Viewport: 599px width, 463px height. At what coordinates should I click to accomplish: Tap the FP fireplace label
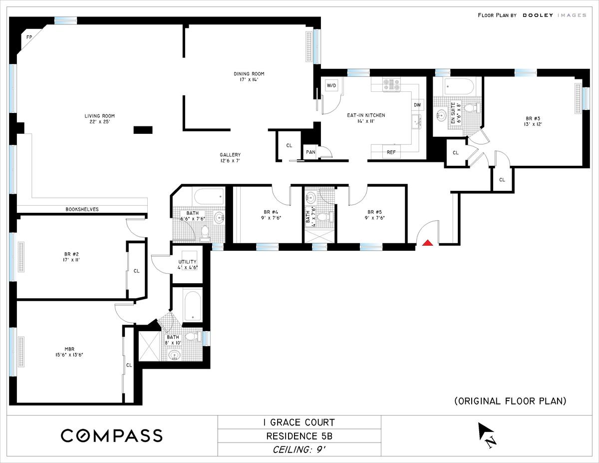[29, 37]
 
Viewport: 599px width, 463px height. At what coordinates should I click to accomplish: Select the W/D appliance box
[331, 86]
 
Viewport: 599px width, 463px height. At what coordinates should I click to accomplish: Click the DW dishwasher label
[417, 105]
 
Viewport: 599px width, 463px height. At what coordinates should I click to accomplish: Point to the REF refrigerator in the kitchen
[391, 152]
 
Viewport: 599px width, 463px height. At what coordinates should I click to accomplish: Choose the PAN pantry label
[310, 152]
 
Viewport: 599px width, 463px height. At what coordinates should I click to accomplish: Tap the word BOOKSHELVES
[82, 209]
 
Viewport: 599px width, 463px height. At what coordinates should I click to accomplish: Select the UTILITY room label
[188, 262]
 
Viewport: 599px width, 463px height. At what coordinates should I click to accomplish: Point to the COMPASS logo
[112, 436]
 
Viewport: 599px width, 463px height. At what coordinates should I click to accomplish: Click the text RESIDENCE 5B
[299, 436]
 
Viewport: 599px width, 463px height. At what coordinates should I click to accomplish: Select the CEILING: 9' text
[299, 450]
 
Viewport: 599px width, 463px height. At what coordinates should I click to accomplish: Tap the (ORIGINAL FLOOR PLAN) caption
[510, 401]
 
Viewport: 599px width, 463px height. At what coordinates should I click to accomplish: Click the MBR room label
[69, 349]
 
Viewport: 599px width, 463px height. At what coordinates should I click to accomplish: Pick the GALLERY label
[230, 155]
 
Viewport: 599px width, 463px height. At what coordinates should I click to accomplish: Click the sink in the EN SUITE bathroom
[442, 115]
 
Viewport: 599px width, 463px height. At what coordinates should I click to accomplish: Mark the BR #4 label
[271, 212]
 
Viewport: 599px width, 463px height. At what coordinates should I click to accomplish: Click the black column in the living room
[143, 130]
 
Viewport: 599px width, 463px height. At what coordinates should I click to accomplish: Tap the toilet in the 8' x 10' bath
[192, 336]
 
